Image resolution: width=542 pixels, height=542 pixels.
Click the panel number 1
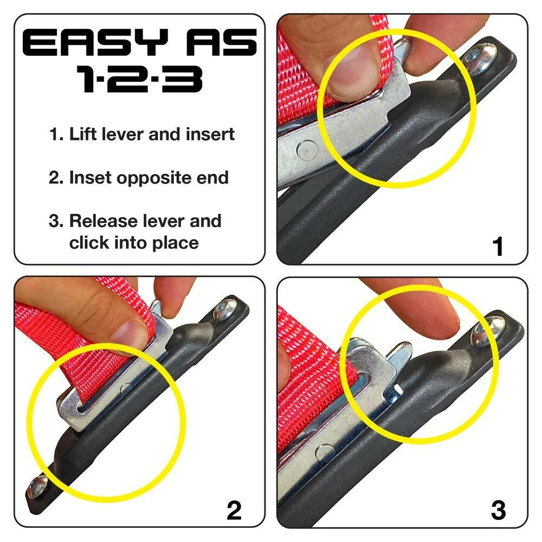[498, 247]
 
